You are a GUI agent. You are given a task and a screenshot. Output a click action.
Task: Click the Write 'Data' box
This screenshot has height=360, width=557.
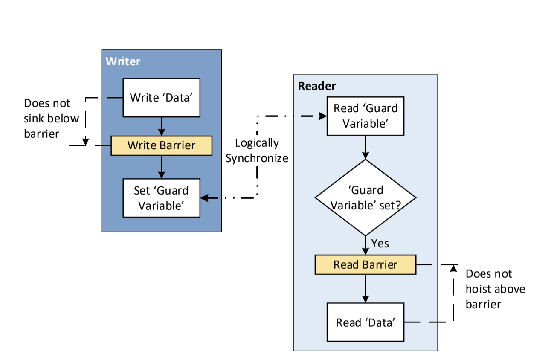[x=161, y=98]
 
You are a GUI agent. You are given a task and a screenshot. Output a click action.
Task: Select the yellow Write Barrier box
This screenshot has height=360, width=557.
[x=161, y=145]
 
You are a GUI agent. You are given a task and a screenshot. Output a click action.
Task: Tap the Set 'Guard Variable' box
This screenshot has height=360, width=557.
[x=161, y=198]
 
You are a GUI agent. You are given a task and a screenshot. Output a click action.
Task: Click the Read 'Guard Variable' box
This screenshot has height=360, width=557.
[x=365, y=116]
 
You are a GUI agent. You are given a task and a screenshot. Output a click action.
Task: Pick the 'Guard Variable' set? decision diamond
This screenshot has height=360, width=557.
[x=365, y=197]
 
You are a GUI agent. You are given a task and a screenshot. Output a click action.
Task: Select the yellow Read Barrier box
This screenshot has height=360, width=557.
[x=365, y=265]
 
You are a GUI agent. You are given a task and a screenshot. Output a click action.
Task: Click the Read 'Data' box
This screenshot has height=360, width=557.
[x=365, y=322]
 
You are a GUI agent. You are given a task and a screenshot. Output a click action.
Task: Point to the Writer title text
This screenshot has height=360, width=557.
[x=123, y=61]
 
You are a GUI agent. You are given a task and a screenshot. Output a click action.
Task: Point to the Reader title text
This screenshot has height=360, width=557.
[x=317, y=86]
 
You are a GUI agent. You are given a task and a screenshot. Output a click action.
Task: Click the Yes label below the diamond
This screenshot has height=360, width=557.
[x=380, y=244]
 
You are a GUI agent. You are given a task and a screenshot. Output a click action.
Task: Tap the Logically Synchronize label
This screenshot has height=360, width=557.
[x=257, y=151]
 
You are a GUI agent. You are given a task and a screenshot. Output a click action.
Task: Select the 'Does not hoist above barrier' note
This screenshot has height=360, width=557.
[x=495, y=289]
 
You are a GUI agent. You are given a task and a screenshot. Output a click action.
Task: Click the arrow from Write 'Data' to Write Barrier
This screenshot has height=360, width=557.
[x=161, y=126]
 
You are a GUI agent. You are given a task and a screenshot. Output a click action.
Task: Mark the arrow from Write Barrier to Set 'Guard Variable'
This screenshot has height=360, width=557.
[x=161, y=167]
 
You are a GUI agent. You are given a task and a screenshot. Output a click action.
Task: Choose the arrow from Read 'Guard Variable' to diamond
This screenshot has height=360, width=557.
[x=365, y=148]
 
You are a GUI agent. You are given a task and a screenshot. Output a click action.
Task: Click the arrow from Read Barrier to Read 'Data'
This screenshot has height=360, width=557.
[x=365, y=288]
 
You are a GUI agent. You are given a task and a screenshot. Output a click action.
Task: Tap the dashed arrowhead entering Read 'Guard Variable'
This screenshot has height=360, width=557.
[x=322, y=116]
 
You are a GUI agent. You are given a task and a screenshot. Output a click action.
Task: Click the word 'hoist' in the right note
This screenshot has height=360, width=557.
[x=479, y=289]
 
